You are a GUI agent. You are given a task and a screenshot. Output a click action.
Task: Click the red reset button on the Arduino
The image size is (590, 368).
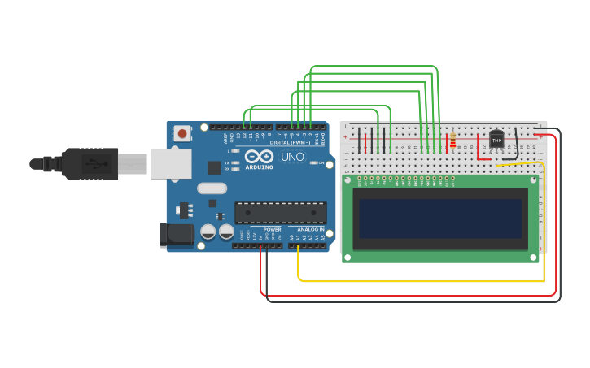[x=182, y=133]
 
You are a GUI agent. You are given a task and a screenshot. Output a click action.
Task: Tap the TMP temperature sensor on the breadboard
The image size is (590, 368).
[x=496, y=140]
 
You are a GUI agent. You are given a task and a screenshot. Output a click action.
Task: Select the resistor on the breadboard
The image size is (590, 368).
[x=452, y=142]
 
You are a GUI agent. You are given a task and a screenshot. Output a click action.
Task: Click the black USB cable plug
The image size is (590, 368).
[x=90, y=163]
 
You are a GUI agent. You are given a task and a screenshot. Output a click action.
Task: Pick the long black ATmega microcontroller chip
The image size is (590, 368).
[x=281, y=213]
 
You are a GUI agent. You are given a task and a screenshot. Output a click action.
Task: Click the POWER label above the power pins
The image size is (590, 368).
[x=272, y=230]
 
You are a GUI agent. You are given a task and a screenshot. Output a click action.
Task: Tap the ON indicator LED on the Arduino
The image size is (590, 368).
[x=314, y=163]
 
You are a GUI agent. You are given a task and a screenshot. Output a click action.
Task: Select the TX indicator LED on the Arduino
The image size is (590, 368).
[x=235, y=162]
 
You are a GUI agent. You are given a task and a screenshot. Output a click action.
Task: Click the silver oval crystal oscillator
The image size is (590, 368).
[x=212, y=188]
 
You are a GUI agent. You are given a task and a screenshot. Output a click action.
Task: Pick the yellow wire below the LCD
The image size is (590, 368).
[x=423, y=281]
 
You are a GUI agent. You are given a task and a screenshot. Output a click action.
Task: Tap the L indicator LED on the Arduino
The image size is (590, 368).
[x=235, y=151]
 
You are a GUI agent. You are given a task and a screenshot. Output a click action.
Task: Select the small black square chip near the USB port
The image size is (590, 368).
[x=214, y=167]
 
